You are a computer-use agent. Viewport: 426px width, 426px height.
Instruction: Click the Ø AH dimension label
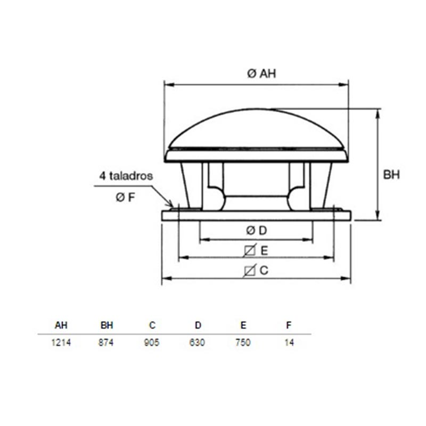tap(261, 73)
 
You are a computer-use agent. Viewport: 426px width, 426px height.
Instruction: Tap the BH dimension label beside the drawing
tap(391, 175)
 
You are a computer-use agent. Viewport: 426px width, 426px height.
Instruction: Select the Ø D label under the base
tap(257, 231)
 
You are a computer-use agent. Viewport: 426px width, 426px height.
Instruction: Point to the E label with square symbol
tap(256, 250)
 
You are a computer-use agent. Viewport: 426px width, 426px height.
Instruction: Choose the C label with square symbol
tap(256, 271)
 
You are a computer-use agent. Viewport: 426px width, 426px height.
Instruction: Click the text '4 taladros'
tap(126, 176)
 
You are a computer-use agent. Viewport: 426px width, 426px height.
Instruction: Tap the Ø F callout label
tap(125, 198)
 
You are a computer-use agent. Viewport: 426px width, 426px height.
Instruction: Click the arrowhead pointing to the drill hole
tap(170, 204)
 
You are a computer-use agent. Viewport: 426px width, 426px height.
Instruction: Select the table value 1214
tap(61, 342)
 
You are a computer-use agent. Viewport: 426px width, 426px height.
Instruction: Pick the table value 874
tap(106, 342)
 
